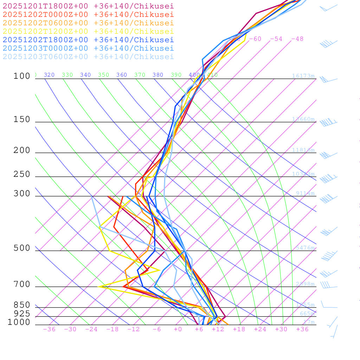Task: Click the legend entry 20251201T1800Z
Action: pos(88,6)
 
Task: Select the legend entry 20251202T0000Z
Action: pos(88,14)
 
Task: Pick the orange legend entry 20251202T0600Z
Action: pos(88,23)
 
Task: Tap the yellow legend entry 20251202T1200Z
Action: pos(88,31)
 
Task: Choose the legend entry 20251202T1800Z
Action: pos(88,40)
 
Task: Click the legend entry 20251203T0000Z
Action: pos(88,48)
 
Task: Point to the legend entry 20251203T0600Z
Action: pos(88,57)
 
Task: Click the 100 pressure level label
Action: pos(22,76)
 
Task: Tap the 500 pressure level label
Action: pos(22,248)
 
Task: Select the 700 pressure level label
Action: pos(22,284)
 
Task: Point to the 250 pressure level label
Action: pos(22,174)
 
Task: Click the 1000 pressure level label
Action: pos(19,322)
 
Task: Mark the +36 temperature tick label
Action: pos(302,329)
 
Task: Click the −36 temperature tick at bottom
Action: pos(49,329)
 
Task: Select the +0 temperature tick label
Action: pos(178,329)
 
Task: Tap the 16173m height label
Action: pos(303,76)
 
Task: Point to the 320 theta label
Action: pos(49,75)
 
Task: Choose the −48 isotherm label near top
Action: pos(297,39)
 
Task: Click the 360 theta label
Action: pos(122,75)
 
